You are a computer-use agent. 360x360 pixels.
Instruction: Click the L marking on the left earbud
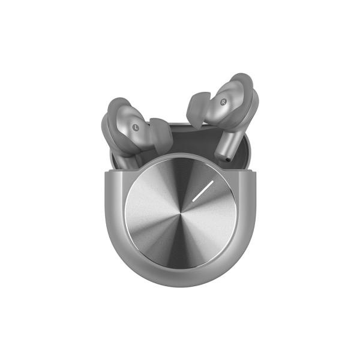click(x=136, y=127)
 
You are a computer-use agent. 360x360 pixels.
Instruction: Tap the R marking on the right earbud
click(x=223, y=102)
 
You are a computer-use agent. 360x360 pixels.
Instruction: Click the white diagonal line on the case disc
click(x=203, y=191)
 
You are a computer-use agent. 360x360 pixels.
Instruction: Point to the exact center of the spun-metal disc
click(x=181, y=213)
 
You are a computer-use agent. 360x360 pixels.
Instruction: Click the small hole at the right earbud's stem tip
click(x=227, y=159)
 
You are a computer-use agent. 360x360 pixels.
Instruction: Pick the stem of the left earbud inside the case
click(x=129, y=161)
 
